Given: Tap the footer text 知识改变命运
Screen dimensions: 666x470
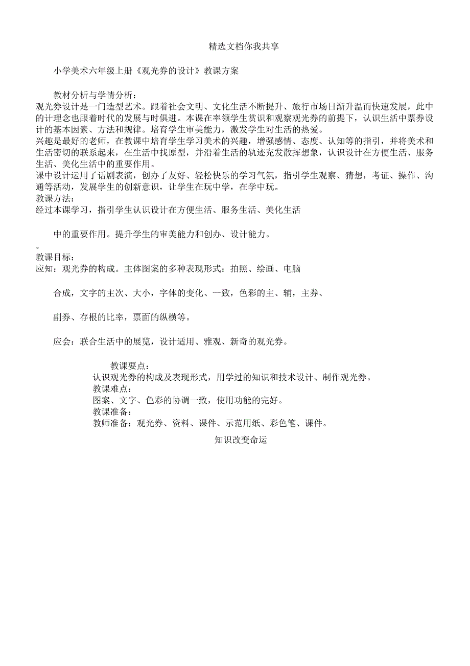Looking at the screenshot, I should click(x=241, y=440).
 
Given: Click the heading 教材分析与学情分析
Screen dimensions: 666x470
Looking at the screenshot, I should click(x=95, y=96).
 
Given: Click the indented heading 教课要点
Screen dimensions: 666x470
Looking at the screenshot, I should click(x=130, y=365).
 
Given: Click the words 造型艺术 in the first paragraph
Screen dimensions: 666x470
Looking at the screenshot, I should click(x=125, y=107).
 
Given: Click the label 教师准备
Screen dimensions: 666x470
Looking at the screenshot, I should click(x=109, y=423).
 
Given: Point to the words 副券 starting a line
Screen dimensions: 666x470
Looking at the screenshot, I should click(x=62, y=317).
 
